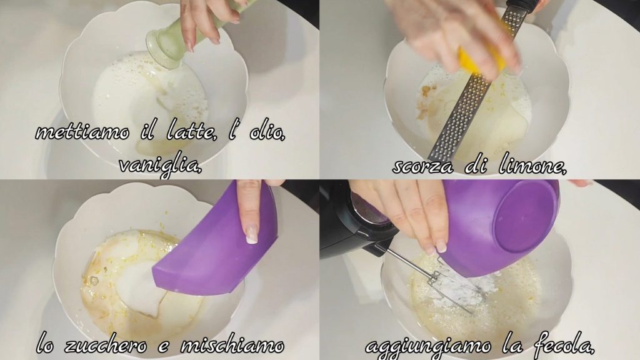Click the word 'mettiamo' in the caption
(x=83, y=132)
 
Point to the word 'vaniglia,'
(x=161, y=167)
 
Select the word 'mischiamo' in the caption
(x=232, y=345)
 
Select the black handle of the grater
(x=517, y=5)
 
